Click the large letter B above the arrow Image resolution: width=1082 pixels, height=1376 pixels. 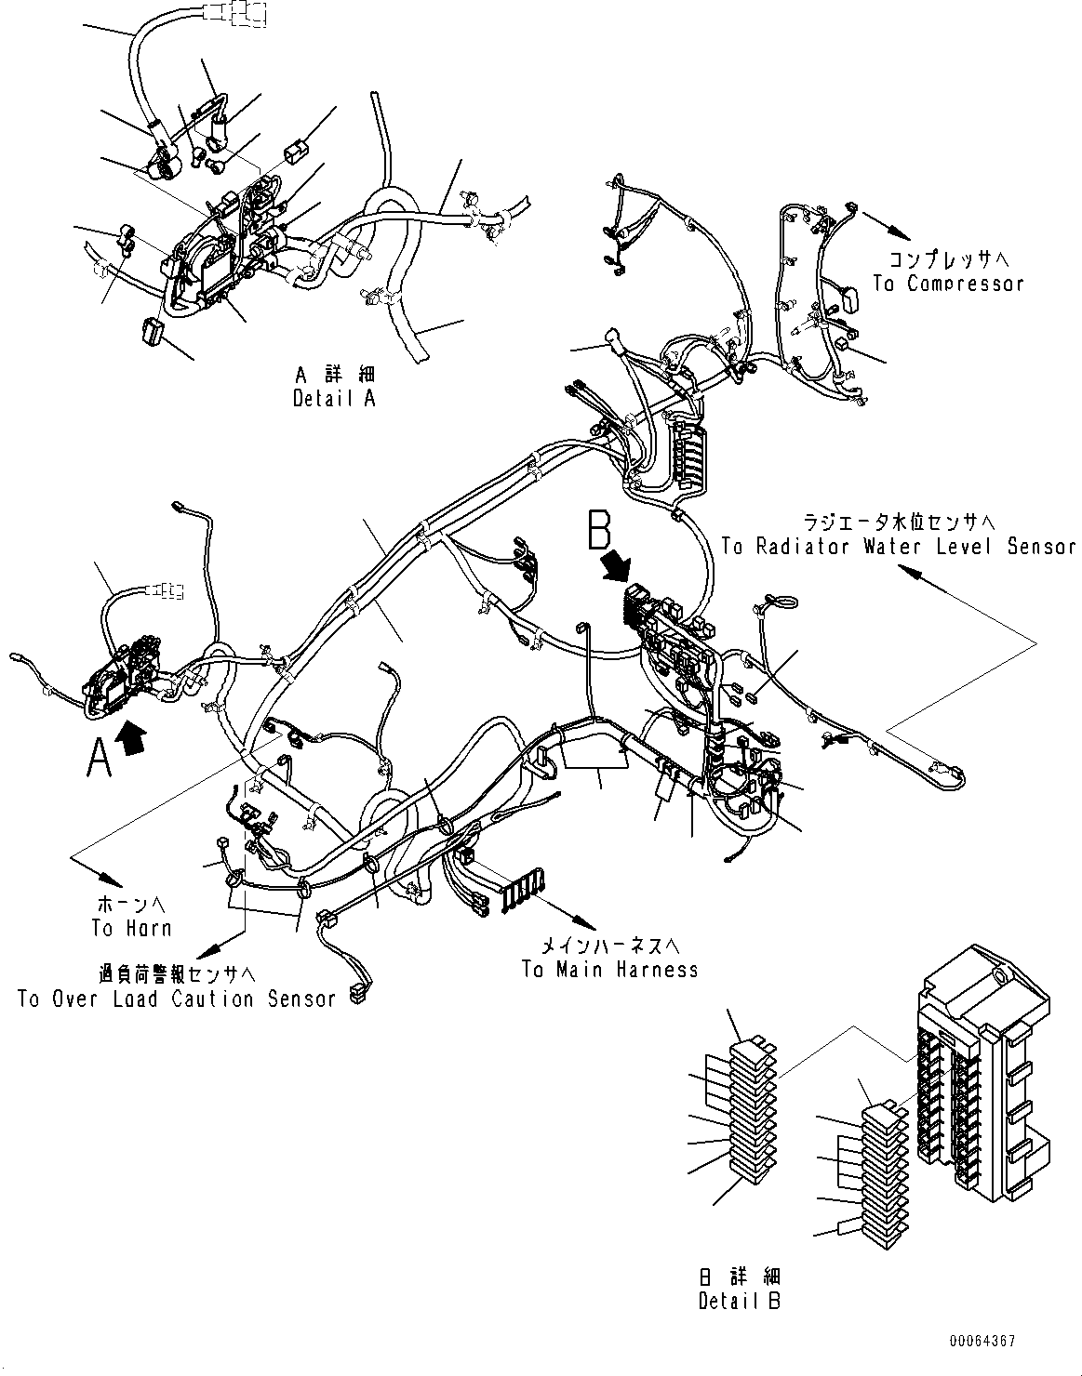(599, 530)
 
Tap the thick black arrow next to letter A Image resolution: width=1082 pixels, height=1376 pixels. (134, 741)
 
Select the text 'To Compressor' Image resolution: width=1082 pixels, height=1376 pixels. (947, 284)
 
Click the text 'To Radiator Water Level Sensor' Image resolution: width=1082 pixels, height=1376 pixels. (898, 547)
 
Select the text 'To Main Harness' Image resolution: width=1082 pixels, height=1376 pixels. (609, 970)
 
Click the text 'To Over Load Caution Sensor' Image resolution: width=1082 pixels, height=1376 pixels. (177, 999)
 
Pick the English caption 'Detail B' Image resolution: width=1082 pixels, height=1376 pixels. (740, 1301)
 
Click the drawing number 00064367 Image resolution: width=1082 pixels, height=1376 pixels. (982, 1343)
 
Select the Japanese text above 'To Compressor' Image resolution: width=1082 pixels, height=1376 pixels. (947, 259)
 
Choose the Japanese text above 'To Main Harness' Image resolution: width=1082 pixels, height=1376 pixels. (611, 946)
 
